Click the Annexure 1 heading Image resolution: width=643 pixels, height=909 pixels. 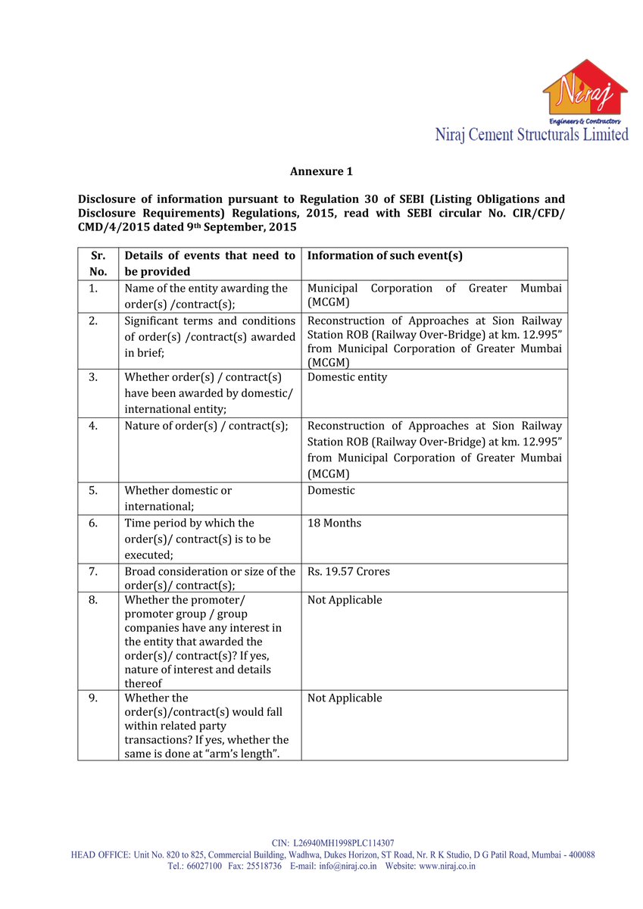tap(321, 172)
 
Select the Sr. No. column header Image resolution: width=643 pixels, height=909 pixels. tap(98, 264)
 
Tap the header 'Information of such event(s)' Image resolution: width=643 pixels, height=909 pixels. tap(385, 256)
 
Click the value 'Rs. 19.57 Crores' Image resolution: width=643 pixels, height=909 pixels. tap(348, 572)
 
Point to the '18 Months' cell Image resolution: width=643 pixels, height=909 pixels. tap(334, 523)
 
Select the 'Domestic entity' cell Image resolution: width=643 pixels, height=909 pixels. tap(347, 377)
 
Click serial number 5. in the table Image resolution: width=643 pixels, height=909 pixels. tap(92, 491)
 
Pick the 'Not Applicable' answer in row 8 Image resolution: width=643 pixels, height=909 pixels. tap(345, 601)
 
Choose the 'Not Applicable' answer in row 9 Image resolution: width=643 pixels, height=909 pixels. tap(345, 698)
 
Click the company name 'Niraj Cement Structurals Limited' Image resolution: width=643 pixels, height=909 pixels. tap(531, 135)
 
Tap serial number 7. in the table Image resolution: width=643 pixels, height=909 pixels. tap(92, 572)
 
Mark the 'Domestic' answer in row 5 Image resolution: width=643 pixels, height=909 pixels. tap(331, 491)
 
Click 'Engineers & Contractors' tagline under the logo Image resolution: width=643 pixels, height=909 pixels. tap(584, 121)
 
